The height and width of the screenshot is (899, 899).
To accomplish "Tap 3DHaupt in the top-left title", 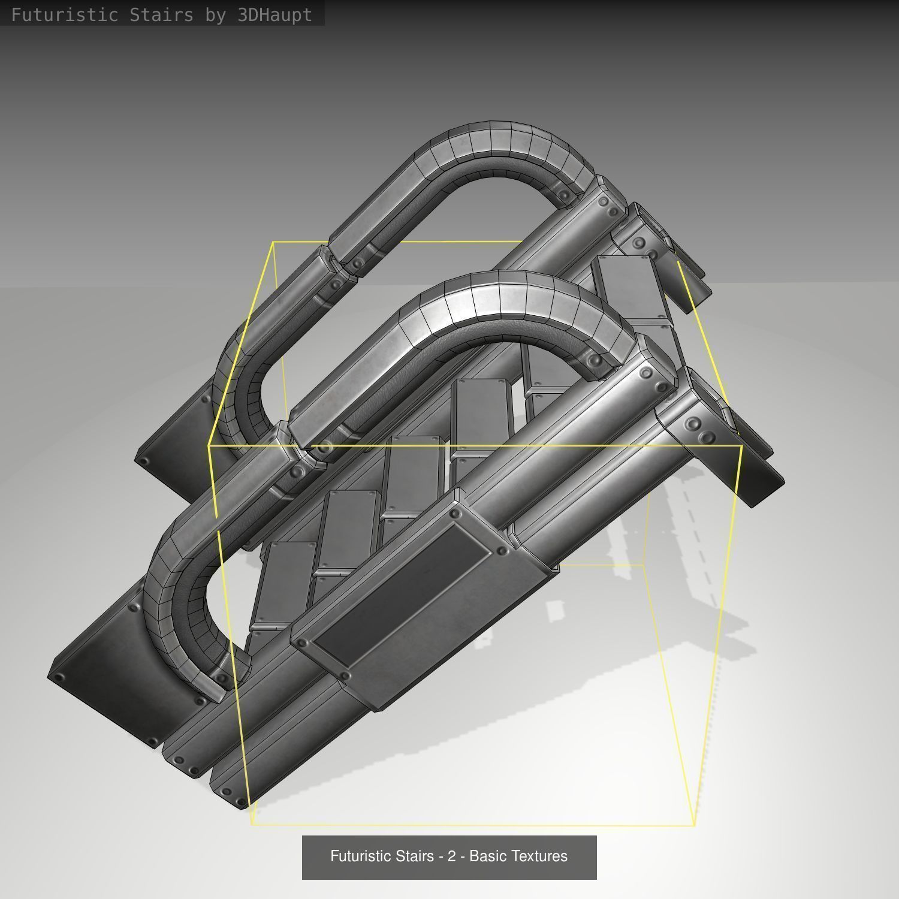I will click(x=275, y=15).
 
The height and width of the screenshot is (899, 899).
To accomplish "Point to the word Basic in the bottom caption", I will click(x=487, y=856).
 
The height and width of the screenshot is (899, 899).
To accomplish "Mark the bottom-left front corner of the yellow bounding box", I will click(x=252, y=825).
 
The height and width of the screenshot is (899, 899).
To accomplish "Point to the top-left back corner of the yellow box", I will click(x=273, y=242).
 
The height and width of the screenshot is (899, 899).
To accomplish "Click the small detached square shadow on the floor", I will click(x=556, y=611).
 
